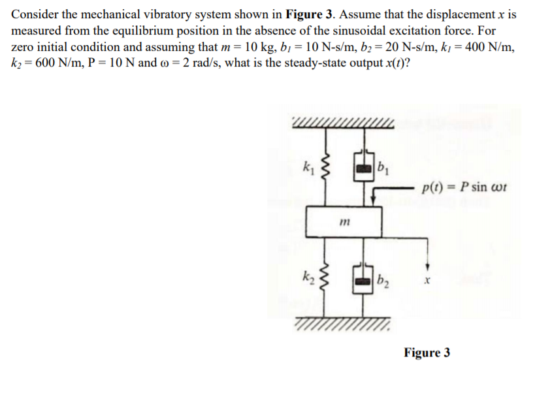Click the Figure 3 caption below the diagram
tap(427, 353)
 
